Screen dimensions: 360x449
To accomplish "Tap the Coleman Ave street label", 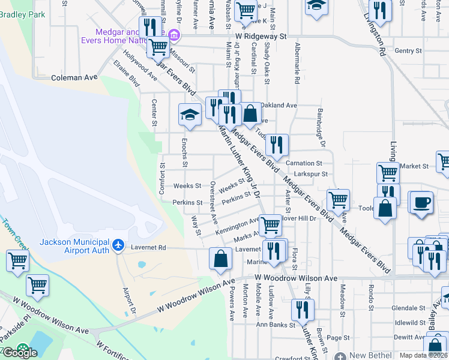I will [74, 77].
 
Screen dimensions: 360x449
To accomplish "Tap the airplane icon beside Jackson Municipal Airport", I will [118, 245].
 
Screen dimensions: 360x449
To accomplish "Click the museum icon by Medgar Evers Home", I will [174, 34].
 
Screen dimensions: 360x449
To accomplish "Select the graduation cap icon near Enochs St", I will [190, 114].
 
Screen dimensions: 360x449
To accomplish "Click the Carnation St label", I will [304, 163].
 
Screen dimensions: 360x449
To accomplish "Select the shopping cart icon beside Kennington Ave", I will [271, 225].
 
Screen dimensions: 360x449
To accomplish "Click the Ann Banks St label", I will [276, 325].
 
